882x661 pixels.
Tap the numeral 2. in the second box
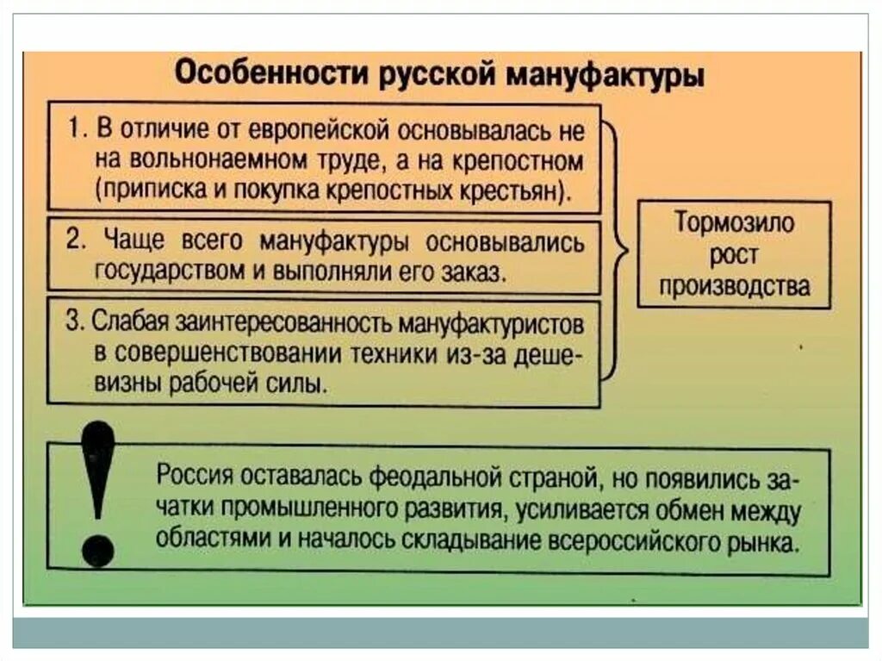click(78, 240)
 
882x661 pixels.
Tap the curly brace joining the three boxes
click(613, 249)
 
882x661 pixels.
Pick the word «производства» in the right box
click(735, 285)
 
